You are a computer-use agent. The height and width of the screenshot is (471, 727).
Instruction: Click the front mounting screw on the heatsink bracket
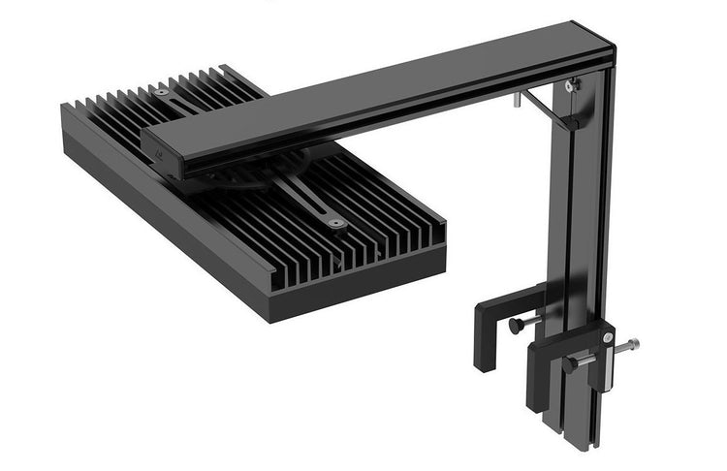click(335, 222)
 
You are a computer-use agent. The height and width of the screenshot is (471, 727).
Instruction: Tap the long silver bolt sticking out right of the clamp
click(627, 344)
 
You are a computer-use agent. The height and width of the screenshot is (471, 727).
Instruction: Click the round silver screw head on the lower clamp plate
click(608, 336)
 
